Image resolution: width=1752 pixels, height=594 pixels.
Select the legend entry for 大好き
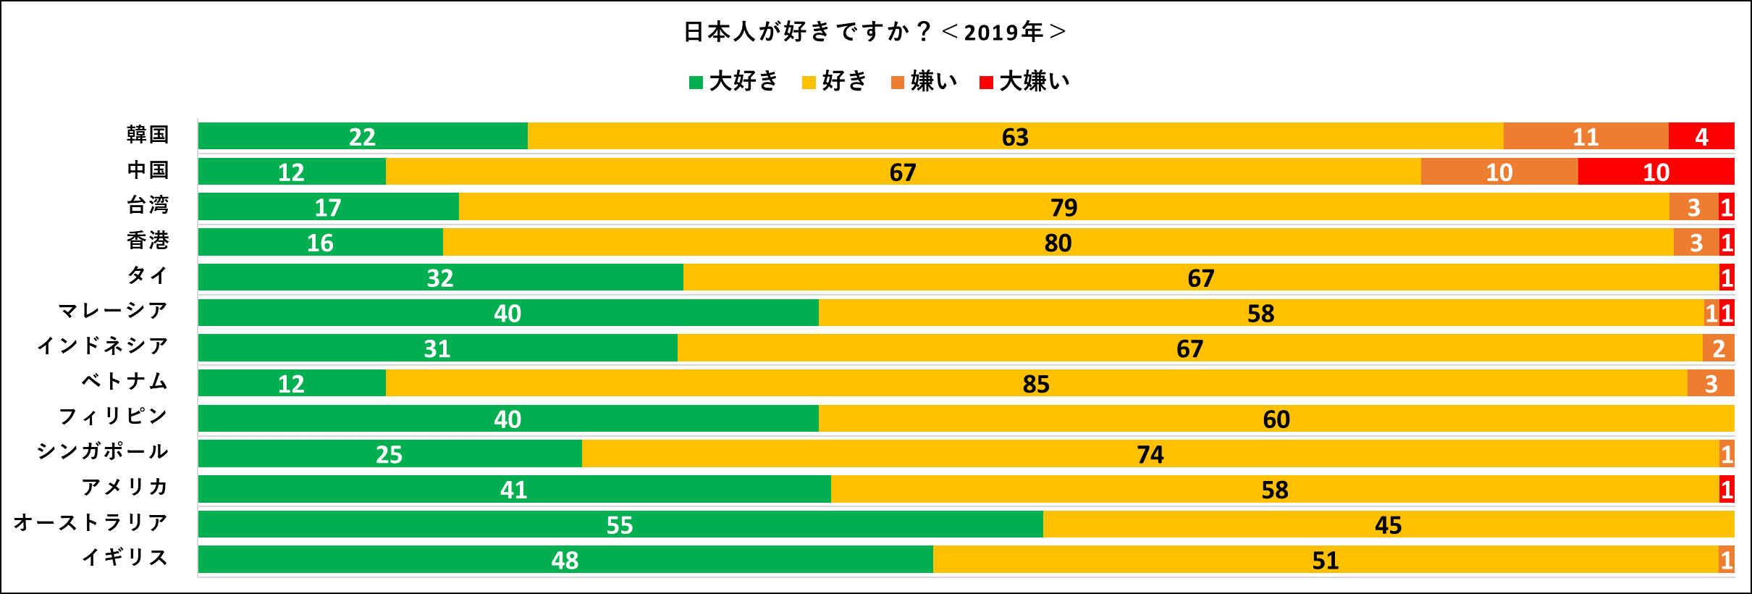[733, 81]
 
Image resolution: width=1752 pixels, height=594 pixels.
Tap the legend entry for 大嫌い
[1024, 81]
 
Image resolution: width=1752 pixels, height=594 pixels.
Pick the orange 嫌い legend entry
[925, 81]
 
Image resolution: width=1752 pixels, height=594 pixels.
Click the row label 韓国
[148, 135]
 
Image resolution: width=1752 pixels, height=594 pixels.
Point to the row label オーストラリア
[91, 522]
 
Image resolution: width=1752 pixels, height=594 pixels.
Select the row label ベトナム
[125, 381]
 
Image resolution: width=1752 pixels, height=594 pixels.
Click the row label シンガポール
[103, 451]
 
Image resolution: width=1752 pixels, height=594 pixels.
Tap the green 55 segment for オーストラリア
[620, 524]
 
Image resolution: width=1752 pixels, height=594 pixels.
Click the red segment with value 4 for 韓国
[1701, 136]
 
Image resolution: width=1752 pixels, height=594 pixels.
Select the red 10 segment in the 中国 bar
[1656, 172]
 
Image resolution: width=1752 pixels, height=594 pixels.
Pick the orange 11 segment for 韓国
[1585, 136]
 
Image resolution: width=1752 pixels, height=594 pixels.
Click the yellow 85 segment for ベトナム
[1036, 383]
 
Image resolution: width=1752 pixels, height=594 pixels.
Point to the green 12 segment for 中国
[292, 172]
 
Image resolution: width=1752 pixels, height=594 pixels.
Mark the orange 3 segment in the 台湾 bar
[1693, 207]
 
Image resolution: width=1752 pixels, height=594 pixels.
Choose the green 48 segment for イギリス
[565, 560]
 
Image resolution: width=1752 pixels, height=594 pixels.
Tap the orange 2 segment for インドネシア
[1718, 348]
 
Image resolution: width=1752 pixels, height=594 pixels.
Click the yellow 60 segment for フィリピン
[1276, 419]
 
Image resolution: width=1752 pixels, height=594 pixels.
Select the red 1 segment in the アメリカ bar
[1727, 490]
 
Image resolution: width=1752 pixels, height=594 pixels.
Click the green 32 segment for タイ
[440, 277]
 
